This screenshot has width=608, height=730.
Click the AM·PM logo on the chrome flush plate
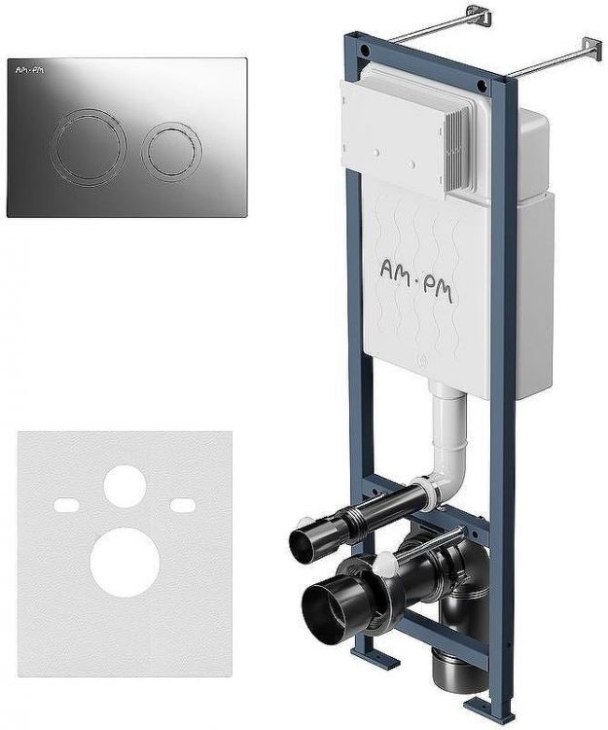(30, 70)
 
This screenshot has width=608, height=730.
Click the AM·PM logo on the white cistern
(416, 280)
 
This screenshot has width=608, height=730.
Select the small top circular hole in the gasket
(125, 486)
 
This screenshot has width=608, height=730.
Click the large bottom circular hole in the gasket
(125, 562)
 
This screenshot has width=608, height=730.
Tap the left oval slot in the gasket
(66, 505)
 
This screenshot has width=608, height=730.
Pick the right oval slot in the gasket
(183, 504)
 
